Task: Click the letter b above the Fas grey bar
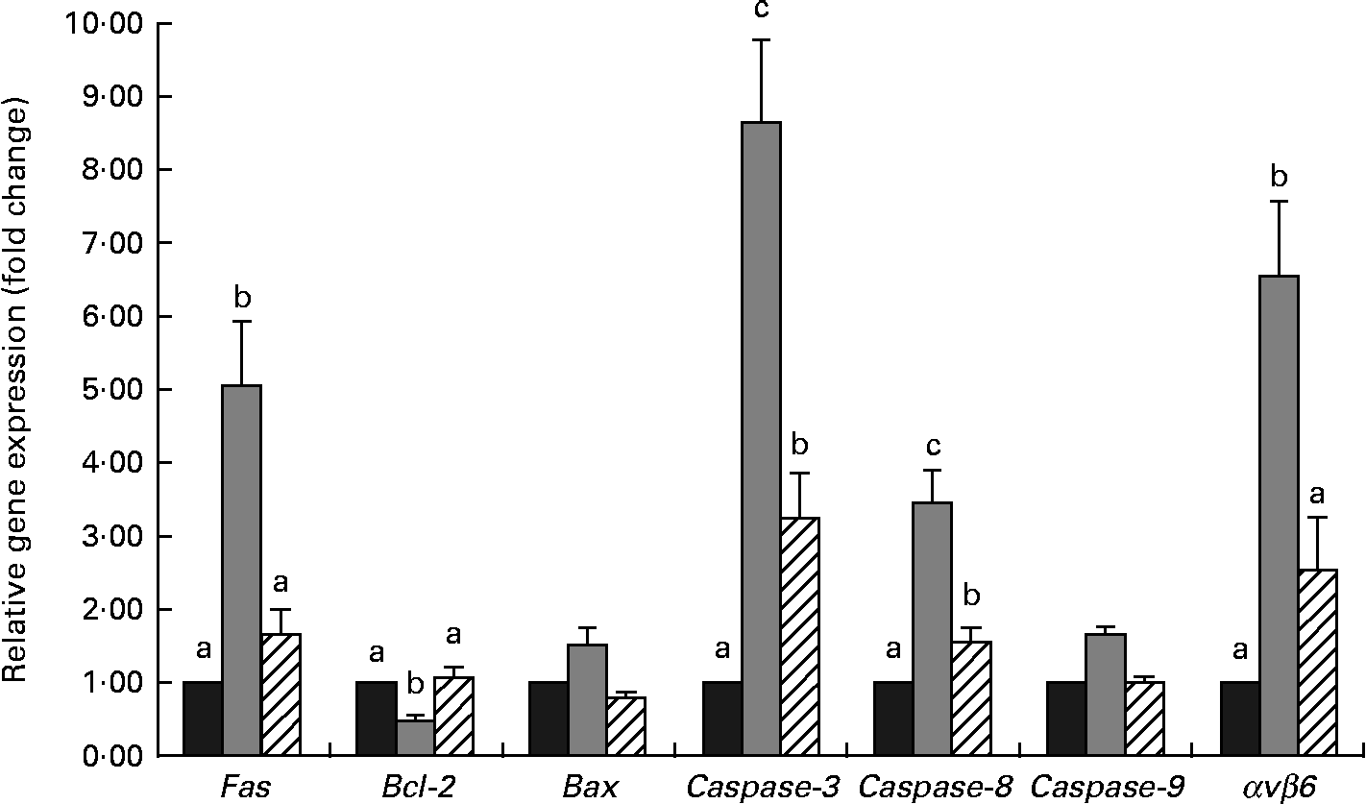pos(241,295)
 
